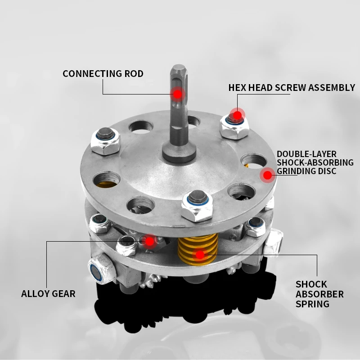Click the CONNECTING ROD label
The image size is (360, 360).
[x=103, y=74]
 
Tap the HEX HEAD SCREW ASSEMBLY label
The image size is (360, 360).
[x=292, y=87]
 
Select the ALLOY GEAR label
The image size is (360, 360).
[x=48, y=294]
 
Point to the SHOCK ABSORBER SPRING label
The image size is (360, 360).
[x=319, y=294]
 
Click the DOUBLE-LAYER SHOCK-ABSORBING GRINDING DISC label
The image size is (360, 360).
[x=315, y=162]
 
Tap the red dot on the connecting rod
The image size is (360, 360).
[x=177, y=94]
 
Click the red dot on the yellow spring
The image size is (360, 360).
[x=200, y=255]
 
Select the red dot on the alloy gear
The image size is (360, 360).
[x=150, y=241]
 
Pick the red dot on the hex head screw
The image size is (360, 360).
[x=238, y=115]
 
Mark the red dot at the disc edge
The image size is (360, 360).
[x=267, y=175]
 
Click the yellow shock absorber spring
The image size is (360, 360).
[x=198, y=249]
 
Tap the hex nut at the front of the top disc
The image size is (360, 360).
[x=197, y=207]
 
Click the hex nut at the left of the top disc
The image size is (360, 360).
[x=105, y=141]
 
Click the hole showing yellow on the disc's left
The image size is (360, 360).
[x=107, y=180]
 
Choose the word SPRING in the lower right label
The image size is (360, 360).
[x=312, y=304]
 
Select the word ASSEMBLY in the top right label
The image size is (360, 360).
[x=331, y=87]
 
